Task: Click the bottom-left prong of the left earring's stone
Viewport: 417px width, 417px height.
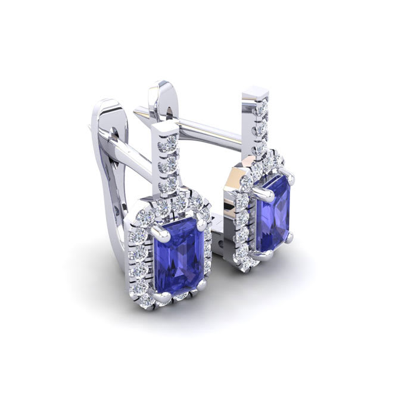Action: click(x=157, y=293)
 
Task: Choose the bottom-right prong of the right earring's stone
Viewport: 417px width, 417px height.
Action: click(x=290, y=238)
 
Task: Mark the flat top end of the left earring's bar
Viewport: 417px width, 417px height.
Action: click(x=164, y=127)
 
